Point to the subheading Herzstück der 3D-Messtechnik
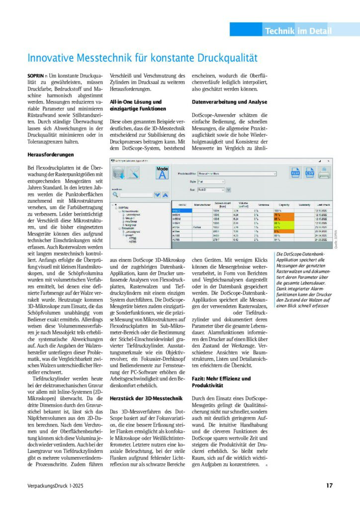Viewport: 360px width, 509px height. [141, 398]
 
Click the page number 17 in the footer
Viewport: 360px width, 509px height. [329, 486]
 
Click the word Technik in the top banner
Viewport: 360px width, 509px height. [279, 31]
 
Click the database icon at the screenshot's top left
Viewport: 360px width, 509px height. [118, 173]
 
